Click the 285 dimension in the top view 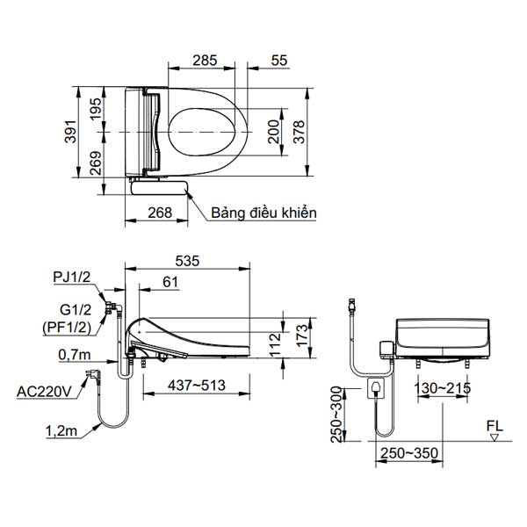click(x=205, y=61)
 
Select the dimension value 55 click(x=279, y=61)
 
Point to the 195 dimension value click(x=97, y=109)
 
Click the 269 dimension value click(x=97, y=162)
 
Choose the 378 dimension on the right click(x=300, y=132)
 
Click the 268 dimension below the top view click(x=159, y=211)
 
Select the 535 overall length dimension click(x=188, y=261)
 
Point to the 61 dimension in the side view click(x=170, y=282)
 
